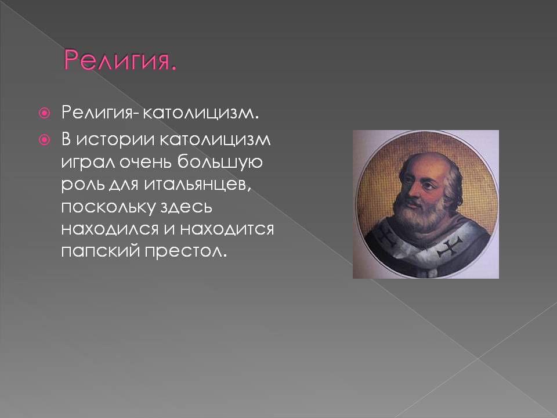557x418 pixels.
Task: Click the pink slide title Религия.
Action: [120, 60]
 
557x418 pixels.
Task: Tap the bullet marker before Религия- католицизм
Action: [45, 113]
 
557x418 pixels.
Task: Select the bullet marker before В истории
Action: [45, 140]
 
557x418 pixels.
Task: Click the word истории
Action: [116, 140]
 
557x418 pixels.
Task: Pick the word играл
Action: [88, 163]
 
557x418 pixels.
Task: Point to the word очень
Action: [145, 162]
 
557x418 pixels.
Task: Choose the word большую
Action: [220, 162]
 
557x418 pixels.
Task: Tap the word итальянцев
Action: [197, 185]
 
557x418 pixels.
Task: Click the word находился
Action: [110, 229]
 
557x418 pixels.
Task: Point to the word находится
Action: [227, 229]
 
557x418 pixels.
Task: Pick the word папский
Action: [100, 251]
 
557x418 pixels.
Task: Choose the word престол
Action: [185, 251]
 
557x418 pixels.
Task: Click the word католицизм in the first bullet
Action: [200, 113]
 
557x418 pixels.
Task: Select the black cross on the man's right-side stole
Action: [449, 247]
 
